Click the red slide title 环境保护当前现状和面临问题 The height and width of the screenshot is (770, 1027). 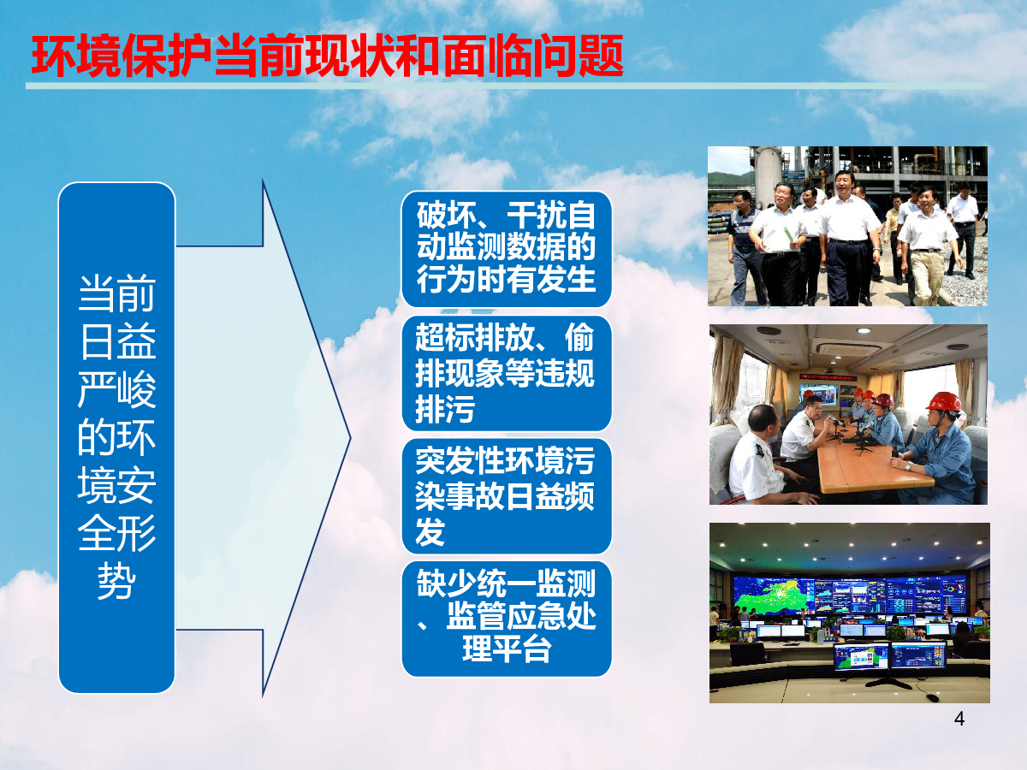327,56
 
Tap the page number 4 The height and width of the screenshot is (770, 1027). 959,719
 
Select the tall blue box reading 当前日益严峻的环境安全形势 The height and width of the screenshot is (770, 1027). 116,437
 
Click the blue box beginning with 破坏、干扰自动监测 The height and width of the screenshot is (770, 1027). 507,249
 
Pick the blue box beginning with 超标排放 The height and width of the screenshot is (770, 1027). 507,373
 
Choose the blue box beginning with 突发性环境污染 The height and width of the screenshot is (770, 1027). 507,496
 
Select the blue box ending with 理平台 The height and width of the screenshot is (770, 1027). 507,619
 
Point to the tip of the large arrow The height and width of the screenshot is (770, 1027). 350,438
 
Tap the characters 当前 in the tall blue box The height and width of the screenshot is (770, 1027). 116,293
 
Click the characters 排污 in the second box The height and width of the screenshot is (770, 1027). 444,409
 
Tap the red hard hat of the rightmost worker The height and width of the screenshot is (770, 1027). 944,402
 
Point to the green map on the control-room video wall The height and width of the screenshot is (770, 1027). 775,594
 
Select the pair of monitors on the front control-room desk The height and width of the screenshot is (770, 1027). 889,656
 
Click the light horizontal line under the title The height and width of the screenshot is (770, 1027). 507,86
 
